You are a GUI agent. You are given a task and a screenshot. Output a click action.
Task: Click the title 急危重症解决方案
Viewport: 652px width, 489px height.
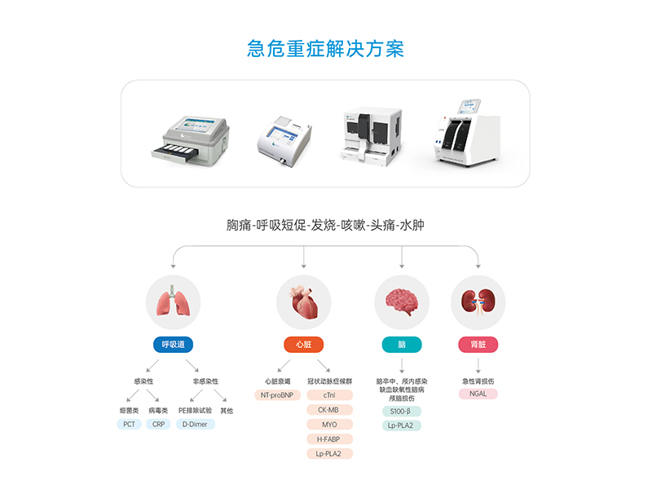[x=325, y=48]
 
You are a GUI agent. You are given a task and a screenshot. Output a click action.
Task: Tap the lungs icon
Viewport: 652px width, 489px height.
[x=173, y=302]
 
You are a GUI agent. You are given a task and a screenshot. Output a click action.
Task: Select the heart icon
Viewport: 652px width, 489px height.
[x=303, y=302]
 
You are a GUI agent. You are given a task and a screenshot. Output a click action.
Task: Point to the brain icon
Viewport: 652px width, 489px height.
[x=402, y=302]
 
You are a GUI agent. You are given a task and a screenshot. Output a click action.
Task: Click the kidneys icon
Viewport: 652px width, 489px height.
[x=478, y=302]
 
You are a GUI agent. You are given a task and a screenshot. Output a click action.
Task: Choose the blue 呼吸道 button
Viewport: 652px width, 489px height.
[x=173, y=345]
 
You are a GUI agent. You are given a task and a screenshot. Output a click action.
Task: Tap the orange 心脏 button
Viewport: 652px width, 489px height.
[x=303, y=345]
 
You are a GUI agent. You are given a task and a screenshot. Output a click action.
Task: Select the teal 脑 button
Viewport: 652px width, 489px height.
[x=402, y=345]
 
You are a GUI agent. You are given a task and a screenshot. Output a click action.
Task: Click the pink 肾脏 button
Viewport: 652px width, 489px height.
[x=478, y=345]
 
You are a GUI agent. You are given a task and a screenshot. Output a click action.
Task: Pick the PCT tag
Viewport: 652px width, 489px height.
[x=129, y=424]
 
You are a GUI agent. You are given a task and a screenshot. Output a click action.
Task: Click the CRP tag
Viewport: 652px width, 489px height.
[x=157, y=424]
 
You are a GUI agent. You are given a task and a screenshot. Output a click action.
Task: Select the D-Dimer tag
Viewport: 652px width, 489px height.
[x=196, y=424]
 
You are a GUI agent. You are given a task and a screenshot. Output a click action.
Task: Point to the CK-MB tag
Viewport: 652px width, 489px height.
[x=329, y=409]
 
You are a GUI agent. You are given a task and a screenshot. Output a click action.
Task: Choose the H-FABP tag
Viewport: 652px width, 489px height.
[x=329, y=438]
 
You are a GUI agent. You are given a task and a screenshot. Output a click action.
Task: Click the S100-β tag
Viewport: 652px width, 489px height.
[x=401, y=411]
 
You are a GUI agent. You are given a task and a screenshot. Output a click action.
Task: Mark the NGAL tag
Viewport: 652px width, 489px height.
[x=478, y=394]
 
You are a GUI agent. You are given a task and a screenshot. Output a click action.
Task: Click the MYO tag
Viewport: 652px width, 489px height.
[x=329, y=424]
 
